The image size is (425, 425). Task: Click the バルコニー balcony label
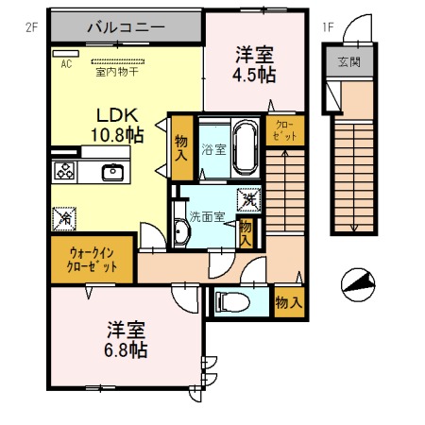click(126, 27)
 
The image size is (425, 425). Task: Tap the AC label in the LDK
click(66, 64)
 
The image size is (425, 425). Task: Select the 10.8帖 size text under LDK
click(117, 136)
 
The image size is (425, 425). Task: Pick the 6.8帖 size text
click(126, 349)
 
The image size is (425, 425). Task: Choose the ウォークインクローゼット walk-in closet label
click(93, 260)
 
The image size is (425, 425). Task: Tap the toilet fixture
click(229, 303)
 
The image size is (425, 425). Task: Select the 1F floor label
click(328, 27)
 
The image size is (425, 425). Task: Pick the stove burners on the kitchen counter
click(66, 172)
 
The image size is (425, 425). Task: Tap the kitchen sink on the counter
click(112, 172)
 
